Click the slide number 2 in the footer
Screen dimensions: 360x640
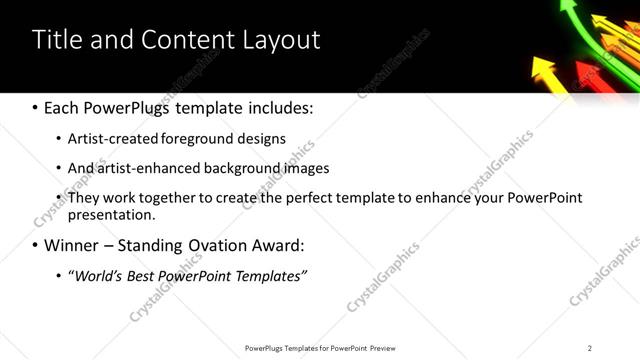pyautogui.click(x=590, y=347)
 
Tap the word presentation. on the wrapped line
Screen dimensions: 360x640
pyautogui.click(x=112, y=214)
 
